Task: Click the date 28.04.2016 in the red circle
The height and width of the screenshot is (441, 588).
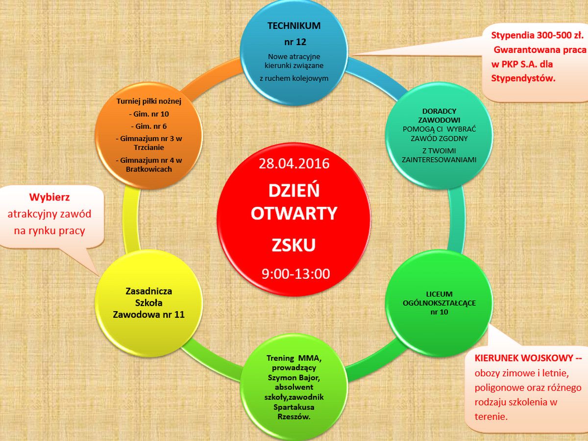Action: pyautogui.click(x=294, y=163)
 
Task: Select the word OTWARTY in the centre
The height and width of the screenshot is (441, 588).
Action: pyautogui.click(x=294, y=214)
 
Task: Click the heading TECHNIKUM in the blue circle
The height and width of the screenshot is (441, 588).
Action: pyautogui.click(x=294, y=26)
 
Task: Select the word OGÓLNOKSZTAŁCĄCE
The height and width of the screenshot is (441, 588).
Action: pyautogui.click(x=439, y=303)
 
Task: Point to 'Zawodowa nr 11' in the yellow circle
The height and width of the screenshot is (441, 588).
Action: pyautogui.click(x=148, y=315)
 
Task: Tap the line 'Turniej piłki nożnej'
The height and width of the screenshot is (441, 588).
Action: pyautogui.click(x=149, y=102)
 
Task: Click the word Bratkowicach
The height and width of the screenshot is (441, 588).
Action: pyautogui.click(x=149, y=170)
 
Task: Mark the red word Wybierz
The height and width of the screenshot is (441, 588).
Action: pyautogui.click(x=49, y=197)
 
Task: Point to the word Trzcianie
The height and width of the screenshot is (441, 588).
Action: pyautogui.click(x=149, y=147)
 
